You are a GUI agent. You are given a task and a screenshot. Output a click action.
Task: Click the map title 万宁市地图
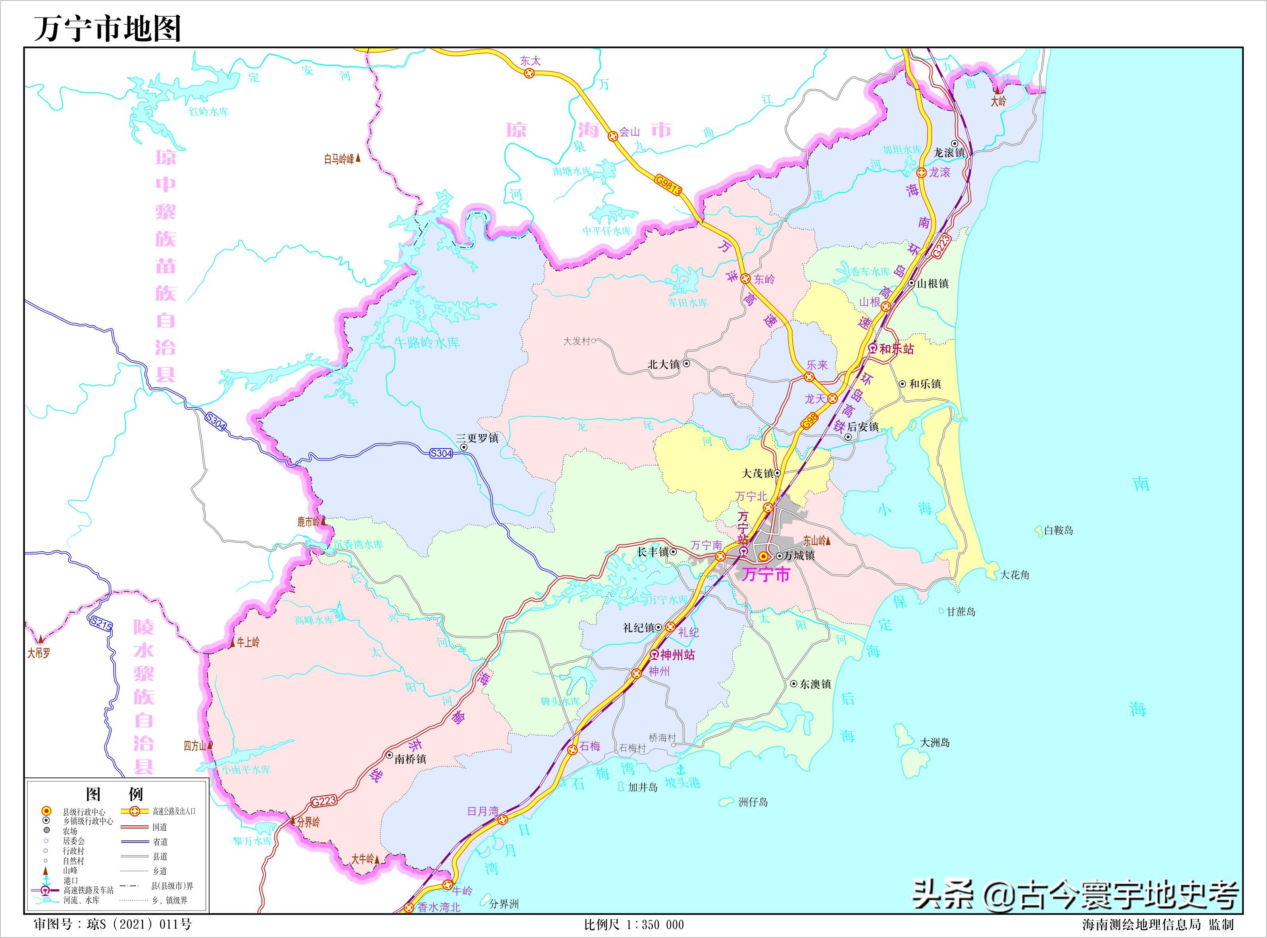108,29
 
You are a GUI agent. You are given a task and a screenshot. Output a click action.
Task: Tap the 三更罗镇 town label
477,438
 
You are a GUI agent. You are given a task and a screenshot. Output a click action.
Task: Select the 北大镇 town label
664,364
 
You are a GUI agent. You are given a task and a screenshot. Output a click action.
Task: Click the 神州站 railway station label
677,655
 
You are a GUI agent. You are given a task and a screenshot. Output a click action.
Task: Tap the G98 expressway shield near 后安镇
810,421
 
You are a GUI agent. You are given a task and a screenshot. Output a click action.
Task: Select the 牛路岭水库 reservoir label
427,342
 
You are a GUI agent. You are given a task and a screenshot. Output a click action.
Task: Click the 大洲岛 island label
935,743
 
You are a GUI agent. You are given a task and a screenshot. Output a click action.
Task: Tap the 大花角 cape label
1014,575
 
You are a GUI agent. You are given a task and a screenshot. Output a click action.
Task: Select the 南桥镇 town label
410,759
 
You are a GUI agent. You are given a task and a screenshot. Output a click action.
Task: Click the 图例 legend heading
114,794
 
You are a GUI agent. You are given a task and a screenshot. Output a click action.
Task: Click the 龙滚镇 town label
949,153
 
